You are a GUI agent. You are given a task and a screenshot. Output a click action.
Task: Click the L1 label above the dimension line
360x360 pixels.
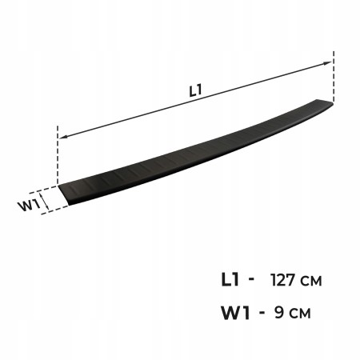pos(195,90)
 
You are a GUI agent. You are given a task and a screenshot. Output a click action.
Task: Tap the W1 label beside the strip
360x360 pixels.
pos(29,206)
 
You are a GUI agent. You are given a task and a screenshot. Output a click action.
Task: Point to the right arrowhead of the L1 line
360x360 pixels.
pos(327,63)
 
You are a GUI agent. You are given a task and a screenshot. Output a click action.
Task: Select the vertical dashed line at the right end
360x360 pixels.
pos(334,77)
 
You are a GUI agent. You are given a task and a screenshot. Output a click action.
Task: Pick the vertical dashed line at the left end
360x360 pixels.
pos(58,154)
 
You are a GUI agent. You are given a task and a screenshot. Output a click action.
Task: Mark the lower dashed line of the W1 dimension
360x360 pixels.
pos(54,210)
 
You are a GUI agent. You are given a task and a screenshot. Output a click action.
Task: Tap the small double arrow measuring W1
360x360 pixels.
pos(45,202)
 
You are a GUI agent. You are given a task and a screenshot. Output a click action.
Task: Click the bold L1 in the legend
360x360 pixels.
pos(230,280)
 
